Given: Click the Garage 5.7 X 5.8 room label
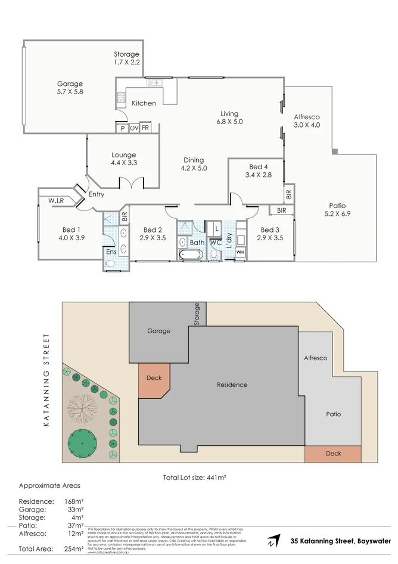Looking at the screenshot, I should click(x=70, y=88).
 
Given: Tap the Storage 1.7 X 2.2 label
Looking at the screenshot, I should click(x=126, y=58).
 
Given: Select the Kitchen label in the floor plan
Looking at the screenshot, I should click(x=144, y=103).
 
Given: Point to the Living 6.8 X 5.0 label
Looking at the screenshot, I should click(x=229, y=117).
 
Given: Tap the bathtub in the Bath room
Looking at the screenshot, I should click(x=191, y=255).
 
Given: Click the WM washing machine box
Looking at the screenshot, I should click(x=240, y=253).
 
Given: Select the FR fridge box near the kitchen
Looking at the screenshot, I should click(x=145, y=128).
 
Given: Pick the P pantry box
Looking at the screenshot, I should click(x=122, y=128).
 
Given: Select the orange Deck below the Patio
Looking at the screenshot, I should click(x=333, y=454).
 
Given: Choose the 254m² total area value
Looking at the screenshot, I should click(x=74, y=548).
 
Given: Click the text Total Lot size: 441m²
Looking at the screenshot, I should click(x=195, y=478).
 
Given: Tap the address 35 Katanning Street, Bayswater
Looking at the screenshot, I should click(x=340, y=541).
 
